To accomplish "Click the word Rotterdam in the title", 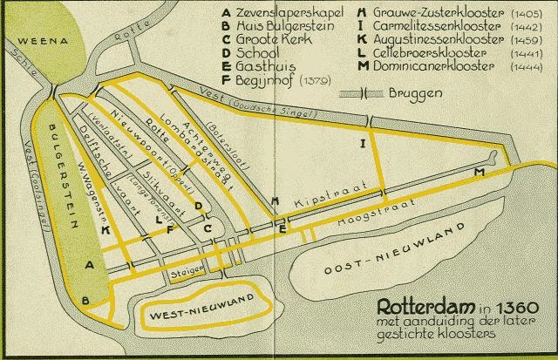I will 418,307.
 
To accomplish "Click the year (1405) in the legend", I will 525,12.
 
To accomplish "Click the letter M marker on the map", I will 479,173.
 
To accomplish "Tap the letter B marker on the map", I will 85,301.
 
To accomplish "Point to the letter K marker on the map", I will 105,229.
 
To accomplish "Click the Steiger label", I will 187,273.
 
